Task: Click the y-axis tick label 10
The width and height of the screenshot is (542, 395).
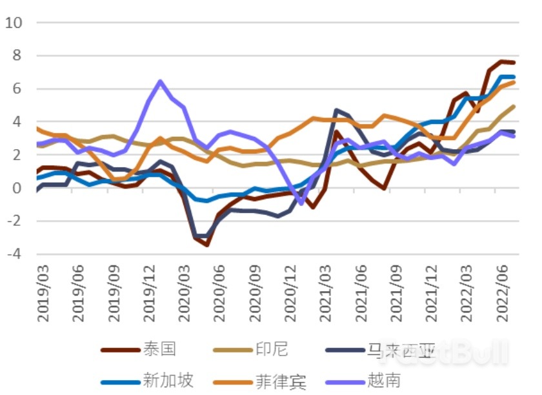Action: tap(14, 23)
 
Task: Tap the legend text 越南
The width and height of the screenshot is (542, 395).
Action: tap(385, 380)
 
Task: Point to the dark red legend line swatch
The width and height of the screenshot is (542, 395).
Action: tap(121, 350)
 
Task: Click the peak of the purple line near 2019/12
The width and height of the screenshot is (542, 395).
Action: tap(160, 82)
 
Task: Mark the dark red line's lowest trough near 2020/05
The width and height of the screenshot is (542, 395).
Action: tap(207, 245)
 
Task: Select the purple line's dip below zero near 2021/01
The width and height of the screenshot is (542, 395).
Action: tap(301, 203)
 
